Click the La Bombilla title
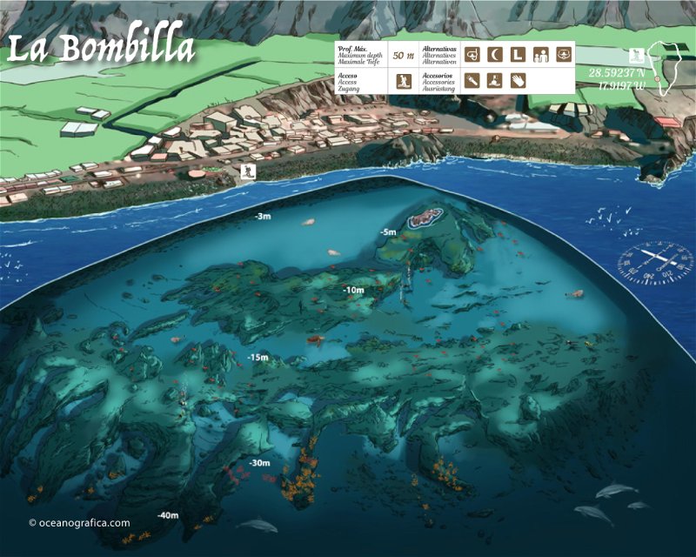point(101,49)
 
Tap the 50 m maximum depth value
point(403,55)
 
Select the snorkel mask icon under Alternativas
point(472,55)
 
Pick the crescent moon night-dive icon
point(495,55)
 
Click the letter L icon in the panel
point(517,55)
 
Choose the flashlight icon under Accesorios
point(472,81)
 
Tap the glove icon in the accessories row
point(518,81)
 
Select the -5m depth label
point(387,232)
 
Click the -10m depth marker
point(353,290)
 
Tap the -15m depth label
point(258,358)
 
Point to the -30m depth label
point(258,463)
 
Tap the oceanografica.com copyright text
point(79,523)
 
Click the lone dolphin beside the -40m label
point(258,525)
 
